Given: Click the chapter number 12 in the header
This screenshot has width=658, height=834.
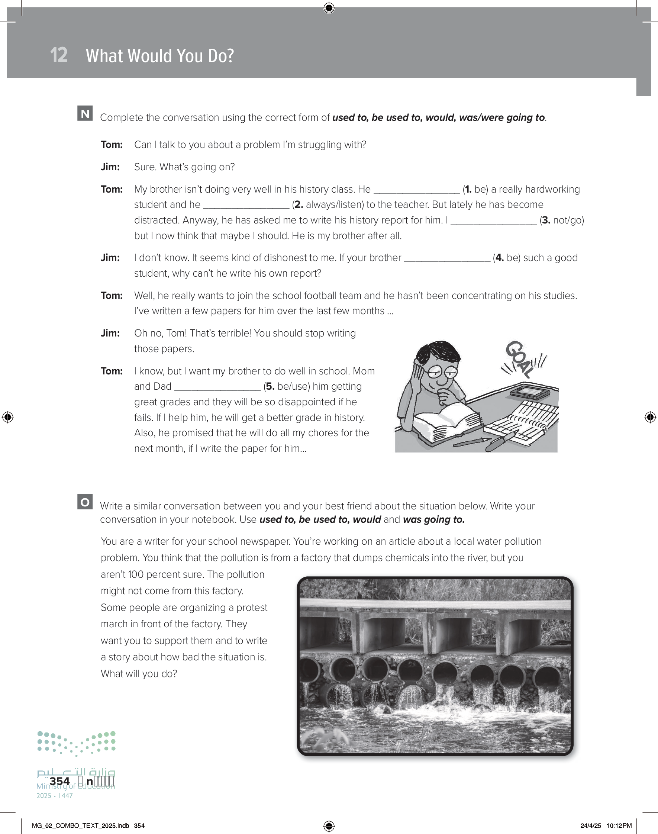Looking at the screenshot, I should tap(59, 55).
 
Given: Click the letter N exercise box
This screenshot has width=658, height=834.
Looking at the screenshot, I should tap(85, 113).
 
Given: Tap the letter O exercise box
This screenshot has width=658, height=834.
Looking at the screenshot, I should tap(85, 502).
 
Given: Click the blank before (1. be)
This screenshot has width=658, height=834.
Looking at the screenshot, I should tap(416, 190).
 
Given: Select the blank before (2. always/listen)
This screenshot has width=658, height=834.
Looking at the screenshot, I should tap(246, 205).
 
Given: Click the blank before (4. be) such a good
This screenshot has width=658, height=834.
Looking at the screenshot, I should tap(447, 258).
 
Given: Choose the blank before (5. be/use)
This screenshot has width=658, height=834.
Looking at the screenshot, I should tap(218, 387).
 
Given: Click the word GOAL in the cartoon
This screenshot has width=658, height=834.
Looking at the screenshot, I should tap(519, 359).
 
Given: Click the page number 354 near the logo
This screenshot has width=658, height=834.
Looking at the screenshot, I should tap(60, 781).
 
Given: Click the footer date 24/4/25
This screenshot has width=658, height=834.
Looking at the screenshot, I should tap(591, 825).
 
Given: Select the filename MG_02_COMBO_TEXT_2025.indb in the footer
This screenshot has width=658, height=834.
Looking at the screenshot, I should tap(80, 825).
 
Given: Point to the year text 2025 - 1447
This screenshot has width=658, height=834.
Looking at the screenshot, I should tap(54, 796).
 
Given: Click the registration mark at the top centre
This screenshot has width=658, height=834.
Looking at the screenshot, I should tap(329, 7).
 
